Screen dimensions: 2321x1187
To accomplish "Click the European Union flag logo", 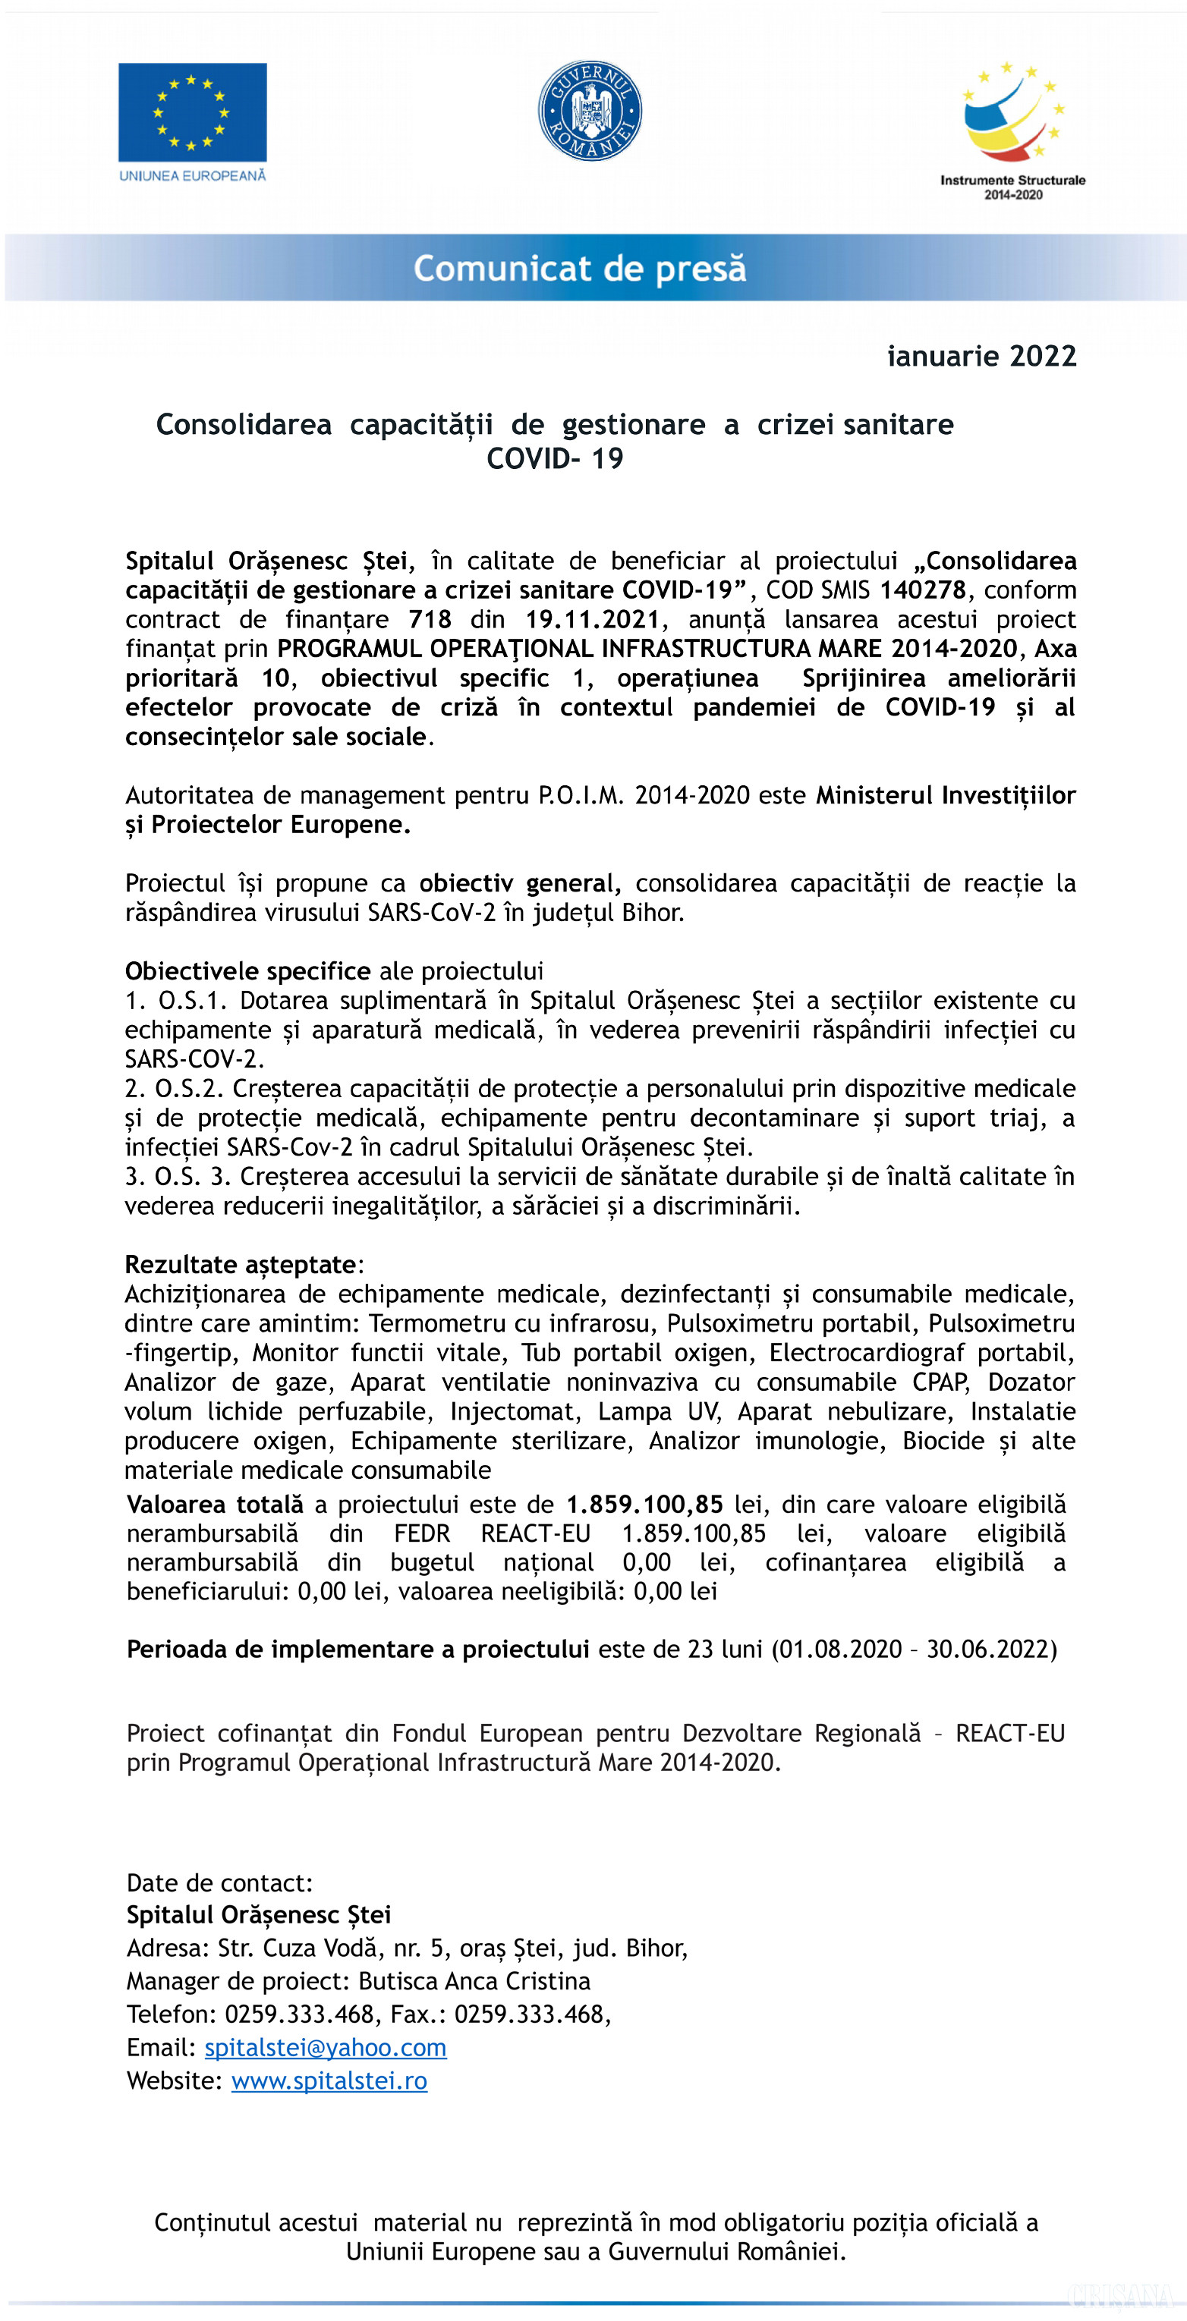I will point(192,112).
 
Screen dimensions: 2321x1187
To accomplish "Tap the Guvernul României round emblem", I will point(590,111).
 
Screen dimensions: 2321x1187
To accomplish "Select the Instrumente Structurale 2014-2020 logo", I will point(1012,131).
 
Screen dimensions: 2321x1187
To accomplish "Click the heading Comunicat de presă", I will point(580,269).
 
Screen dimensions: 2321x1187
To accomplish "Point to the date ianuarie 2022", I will point(981,356).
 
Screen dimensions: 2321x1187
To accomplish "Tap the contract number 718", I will point(430,620).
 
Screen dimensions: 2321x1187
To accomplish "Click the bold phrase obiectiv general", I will point(520,883).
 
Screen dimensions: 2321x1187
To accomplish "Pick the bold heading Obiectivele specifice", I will point(248,971).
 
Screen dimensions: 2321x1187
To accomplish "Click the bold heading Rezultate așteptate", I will point(241,1265).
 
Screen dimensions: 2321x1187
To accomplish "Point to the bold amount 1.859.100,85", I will point(644,1505).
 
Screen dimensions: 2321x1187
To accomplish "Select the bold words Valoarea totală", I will point(215,1505).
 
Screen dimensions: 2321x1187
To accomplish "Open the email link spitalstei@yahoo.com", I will point(326,2048).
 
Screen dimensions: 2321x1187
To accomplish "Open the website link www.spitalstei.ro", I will point(329,2081).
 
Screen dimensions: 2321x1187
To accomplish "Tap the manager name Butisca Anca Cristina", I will point(474,1981).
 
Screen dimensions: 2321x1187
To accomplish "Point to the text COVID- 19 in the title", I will point(556,458).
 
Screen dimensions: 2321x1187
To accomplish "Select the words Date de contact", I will point(219,1883).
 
